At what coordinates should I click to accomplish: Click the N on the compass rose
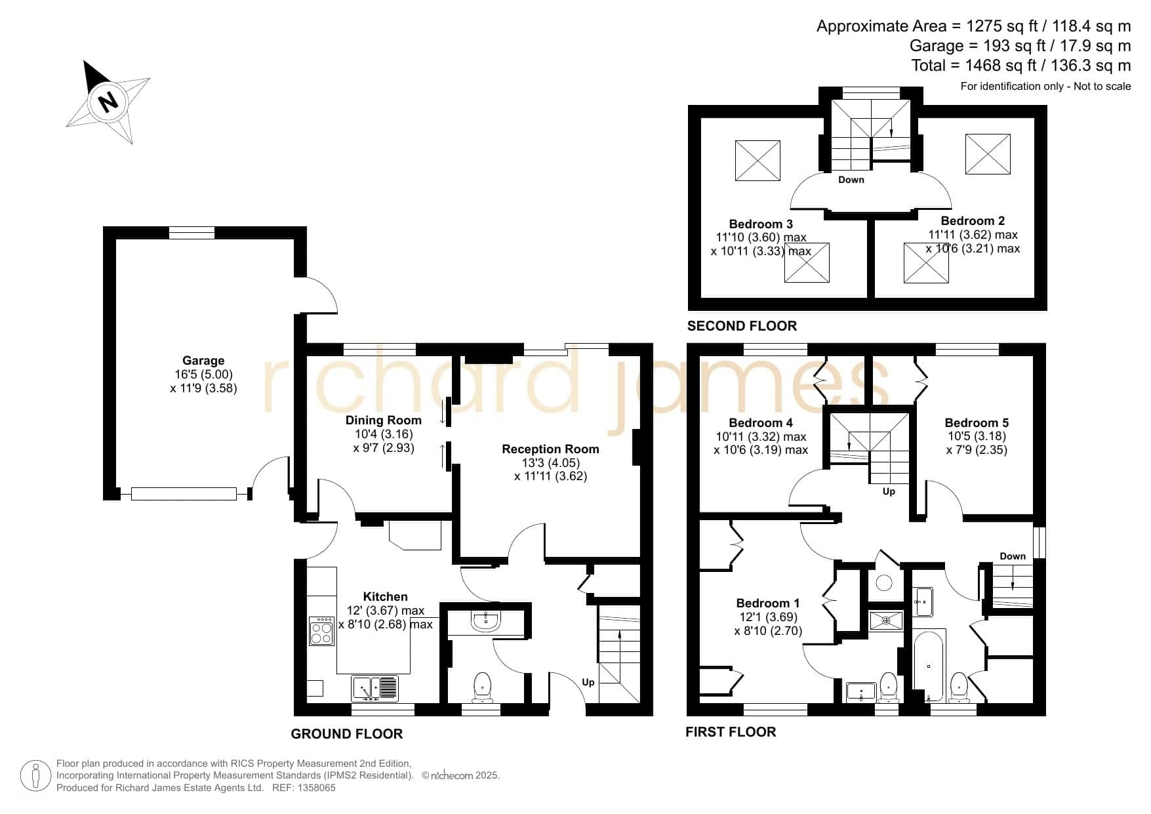click(x=107, y=102)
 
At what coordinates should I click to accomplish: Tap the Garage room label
click(x=203, y=360)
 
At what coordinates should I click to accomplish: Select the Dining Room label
click(x=384, y=420)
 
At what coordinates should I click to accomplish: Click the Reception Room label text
click(x=550, y=449)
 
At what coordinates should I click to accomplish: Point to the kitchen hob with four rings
click(x=321, y=630)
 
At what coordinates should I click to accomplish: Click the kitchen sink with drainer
click(x=374, y=688)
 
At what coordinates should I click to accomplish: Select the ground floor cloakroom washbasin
click(x=485, y=622)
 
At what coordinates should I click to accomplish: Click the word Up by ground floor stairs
click(x=588, y=682)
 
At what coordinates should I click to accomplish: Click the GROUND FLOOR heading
click(x=347, y=734)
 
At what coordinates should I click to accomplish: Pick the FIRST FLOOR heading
click(x=731, y=732)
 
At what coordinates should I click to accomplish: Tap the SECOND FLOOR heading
click(x=742, y=326)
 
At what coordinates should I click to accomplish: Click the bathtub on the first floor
click(x=929, y=665)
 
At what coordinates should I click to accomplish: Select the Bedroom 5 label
click(x=977, y=422)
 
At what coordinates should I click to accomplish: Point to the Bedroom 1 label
click(x=768, y=603)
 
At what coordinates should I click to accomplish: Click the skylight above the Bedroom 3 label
click(x=757, y=161)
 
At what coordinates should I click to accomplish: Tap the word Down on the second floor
click(x=851, y=180)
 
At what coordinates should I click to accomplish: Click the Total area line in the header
click(x=1021, y=66)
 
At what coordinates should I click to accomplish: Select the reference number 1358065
click(x=317, y=788)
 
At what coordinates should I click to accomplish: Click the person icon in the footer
click(x=35, y=776)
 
